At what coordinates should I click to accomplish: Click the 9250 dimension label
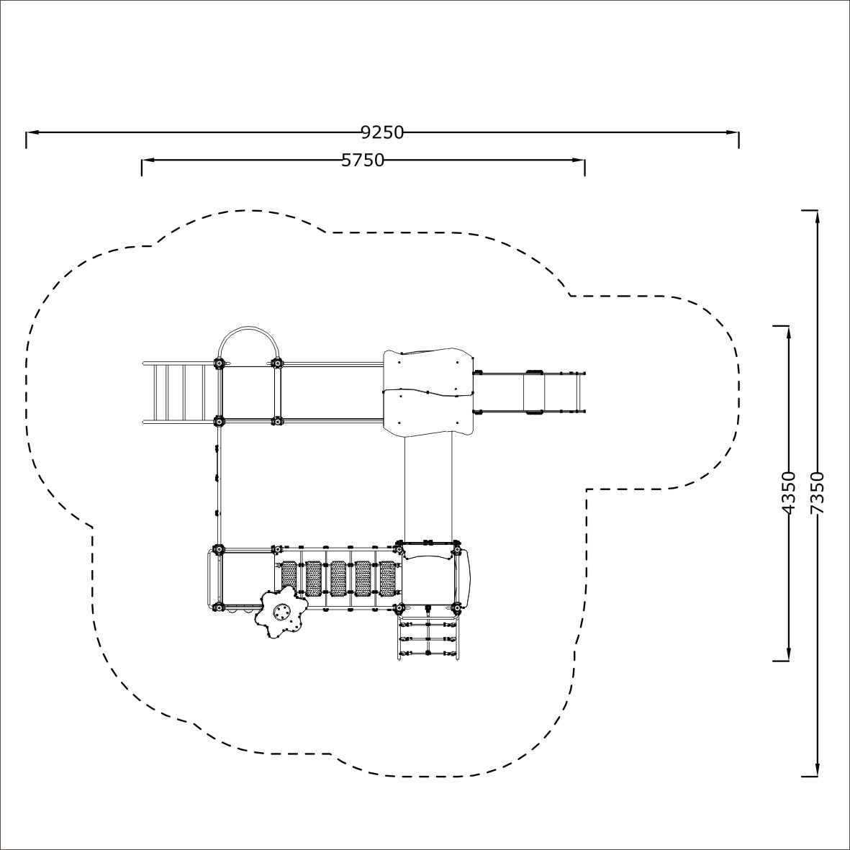coord(383,132)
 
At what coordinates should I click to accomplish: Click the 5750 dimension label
coord(363,160)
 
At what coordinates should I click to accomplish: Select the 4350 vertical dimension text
coord(788,493)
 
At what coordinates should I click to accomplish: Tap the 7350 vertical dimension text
coord(816,493)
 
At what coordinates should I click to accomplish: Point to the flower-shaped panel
coord(281,612)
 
